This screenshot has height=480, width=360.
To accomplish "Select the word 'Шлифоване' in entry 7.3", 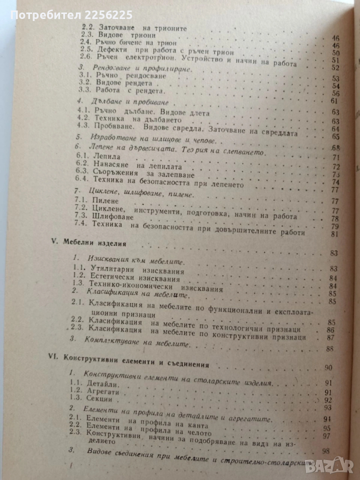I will click(108, 217).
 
